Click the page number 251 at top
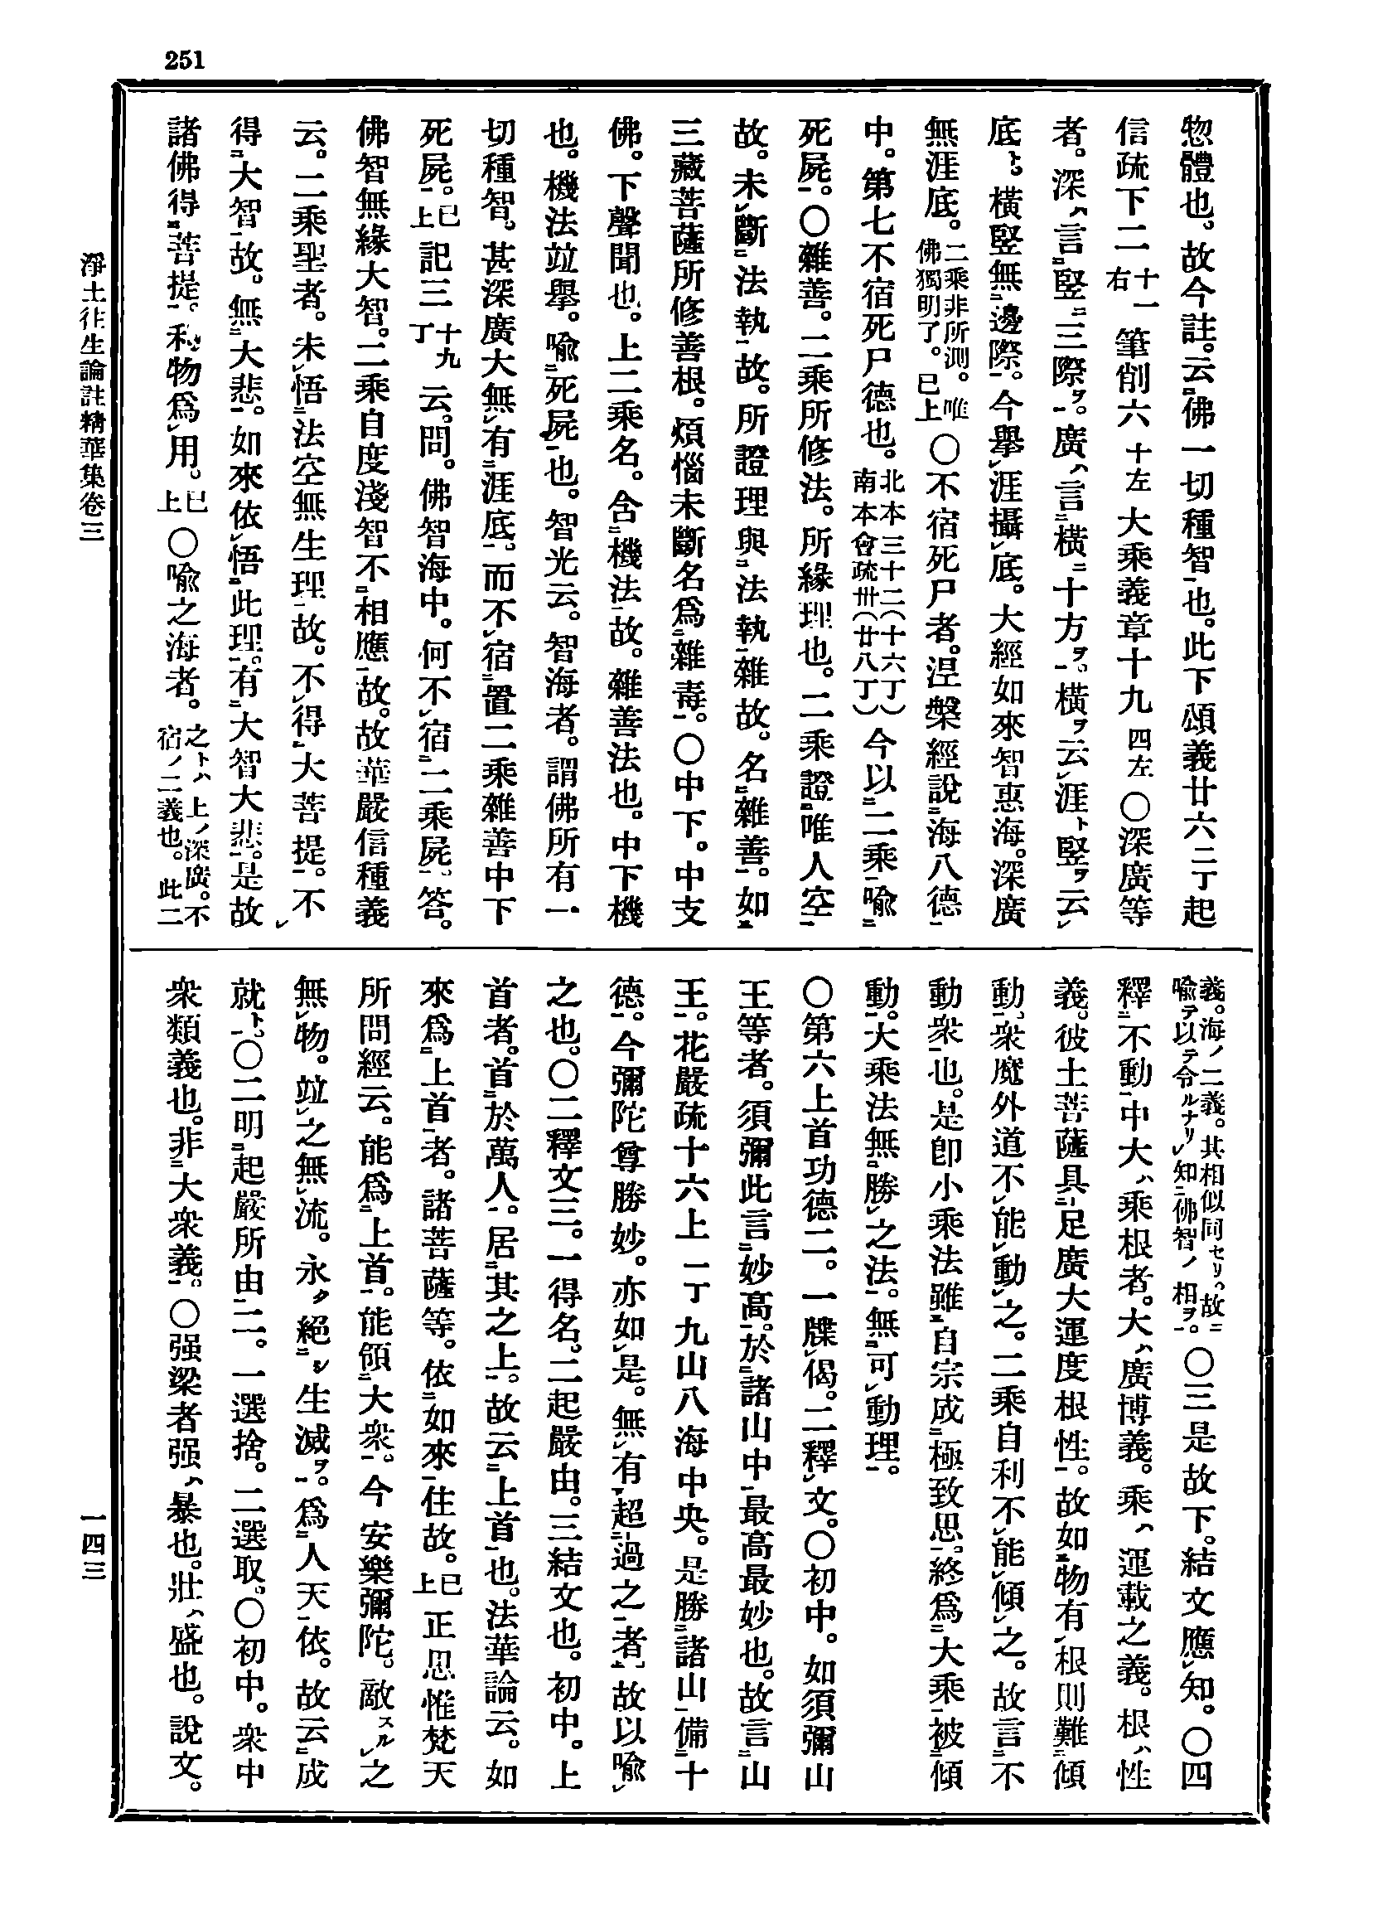pyautogui.click(x=186, y=60)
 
